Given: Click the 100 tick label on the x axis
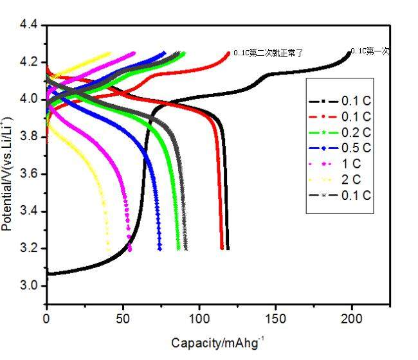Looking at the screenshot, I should (x=199, y=318).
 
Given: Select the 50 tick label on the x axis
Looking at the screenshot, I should (x=123, y=318).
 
